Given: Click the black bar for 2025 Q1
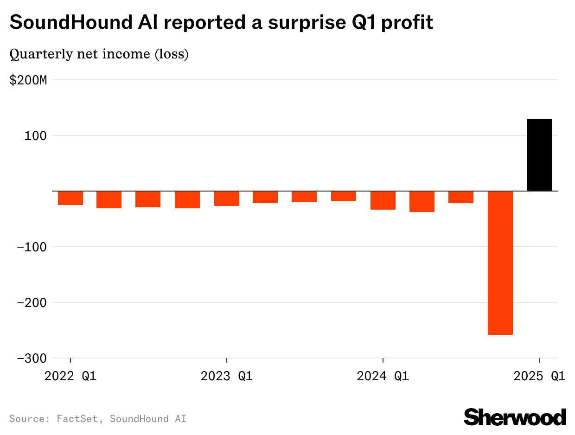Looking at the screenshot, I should click(x=540, y=155).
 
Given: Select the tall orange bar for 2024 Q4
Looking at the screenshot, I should click(x=500, y=262).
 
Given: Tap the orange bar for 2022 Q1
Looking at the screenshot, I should click(x=70, y=198).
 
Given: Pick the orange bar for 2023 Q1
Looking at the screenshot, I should click(x=227, y=198).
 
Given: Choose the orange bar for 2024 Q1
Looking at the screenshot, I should click(x=383, y=200).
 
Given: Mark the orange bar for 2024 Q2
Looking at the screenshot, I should click(x=422, y=201).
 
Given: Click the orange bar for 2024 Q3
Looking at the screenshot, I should click(x=461, y=197).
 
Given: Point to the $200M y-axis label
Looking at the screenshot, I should click(x=28, y=80).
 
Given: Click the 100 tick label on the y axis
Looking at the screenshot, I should click(x=37, y=136).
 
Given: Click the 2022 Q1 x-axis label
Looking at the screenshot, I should click(x=70, y=376).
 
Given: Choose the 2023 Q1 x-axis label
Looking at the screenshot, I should click(x=227, y=376).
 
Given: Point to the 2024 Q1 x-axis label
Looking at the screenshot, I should click(x=383, y=376).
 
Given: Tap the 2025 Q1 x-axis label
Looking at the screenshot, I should click(x=539, y=376).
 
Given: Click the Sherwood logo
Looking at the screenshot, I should click(x=515, y=417).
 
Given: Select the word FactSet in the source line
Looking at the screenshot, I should click(x=77, y=419).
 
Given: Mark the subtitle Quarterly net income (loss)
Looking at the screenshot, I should click(x=99, y=54).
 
